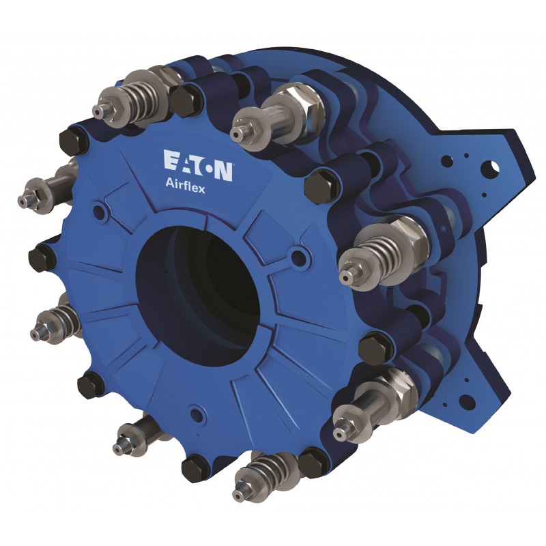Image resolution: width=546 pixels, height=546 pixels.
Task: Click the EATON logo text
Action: [x=198, y=165]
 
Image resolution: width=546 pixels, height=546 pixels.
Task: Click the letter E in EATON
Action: [x=171, y=160]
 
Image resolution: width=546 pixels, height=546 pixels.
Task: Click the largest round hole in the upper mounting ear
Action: [x=490, y=169]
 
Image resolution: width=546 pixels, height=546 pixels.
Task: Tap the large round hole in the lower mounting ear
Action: [x=467, y=402]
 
